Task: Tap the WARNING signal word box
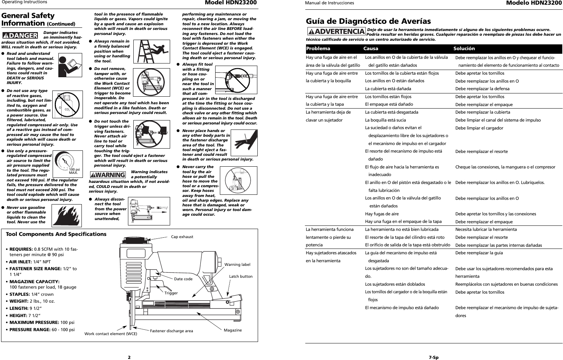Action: (107, 175)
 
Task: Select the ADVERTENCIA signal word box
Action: (336, 31)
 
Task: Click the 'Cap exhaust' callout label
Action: (182, 237)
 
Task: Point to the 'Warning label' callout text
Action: (237, 264)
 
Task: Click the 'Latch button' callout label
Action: (241, 276)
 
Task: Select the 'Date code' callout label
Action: (183, 279)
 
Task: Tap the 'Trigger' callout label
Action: (171, 293)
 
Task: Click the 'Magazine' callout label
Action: (232, 330)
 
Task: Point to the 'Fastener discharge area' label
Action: (171, 331)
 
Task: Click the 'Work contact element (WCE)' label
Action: (111, 334)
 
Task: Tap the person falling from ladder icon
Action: (152, 52)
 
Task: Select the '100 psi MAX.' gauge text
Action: (74, 171)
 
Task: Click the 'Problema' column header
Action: (318, 48)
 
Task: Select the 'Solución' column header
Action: (464, 48)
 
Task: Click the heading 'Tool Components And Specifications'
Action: (56, 234)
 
